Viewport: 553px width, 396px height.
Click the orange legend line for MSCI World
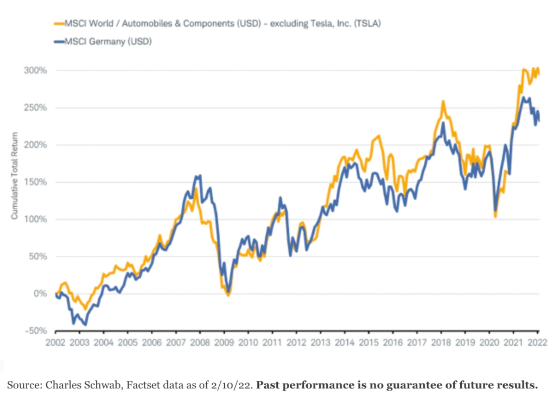coord(58,23)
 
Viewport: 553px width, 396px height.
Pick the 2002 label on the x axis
coord(55,342)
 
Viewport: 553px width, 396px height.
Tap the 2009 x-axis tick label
coord(224,342)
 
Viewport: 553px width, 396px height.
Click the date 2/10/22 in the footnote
coord(227,385)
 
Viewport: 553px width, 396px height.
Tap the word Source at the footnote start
coord(22,385)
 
